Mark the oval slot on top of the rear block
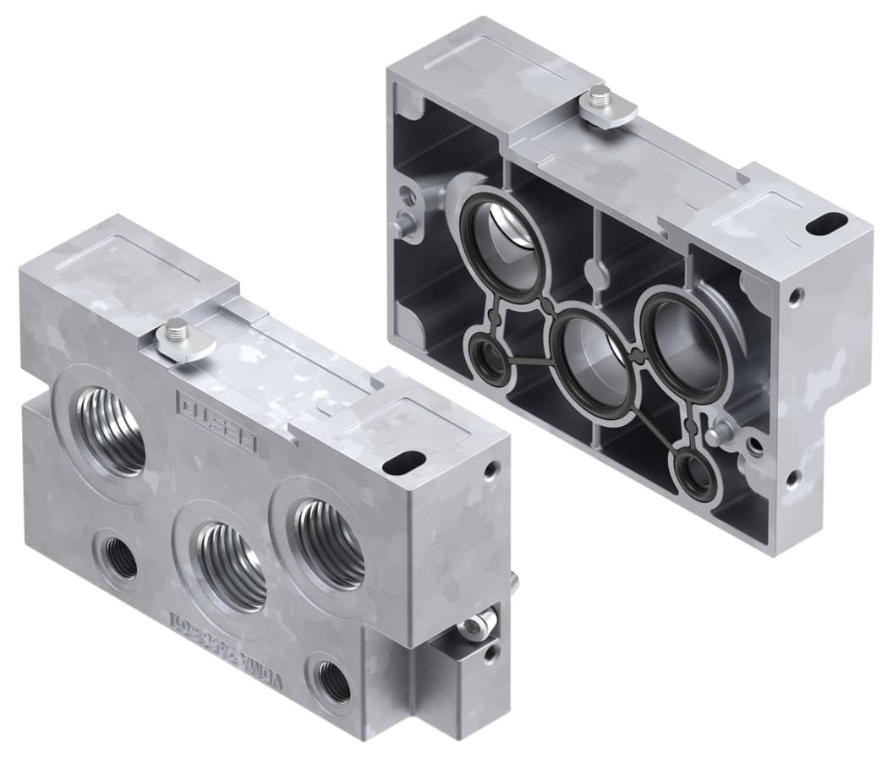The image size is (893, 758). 823,225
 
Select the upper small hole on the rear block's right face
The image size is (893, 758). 794,296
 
